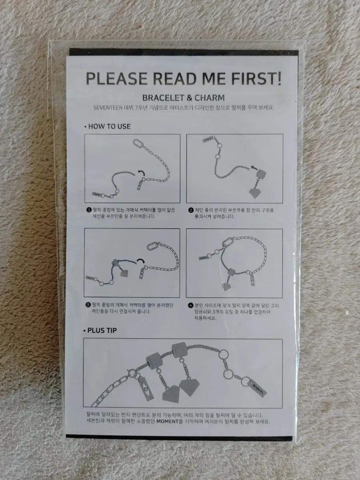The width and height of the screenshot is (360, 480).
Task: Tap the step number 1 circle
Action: click(89, 210)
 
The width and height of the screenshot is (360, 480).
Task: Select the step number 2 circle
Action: click(191, 210)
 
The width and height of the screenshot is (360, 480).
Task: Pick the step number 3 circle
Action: click(88, 305)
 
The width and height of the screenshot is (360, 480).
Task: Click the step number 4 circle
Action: click(191, 305)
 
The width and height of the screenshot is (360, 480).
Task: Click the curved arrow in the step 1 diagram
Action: click(141, 172)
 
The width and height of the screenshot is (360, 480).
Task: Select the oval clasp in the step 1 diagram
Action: click(138, 144)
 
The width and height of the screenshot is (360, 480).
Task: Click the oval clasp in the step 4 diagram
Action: click(228, 243)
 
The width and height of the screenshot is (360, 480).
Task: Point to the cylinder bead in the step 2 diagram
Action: click(261, 174)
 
